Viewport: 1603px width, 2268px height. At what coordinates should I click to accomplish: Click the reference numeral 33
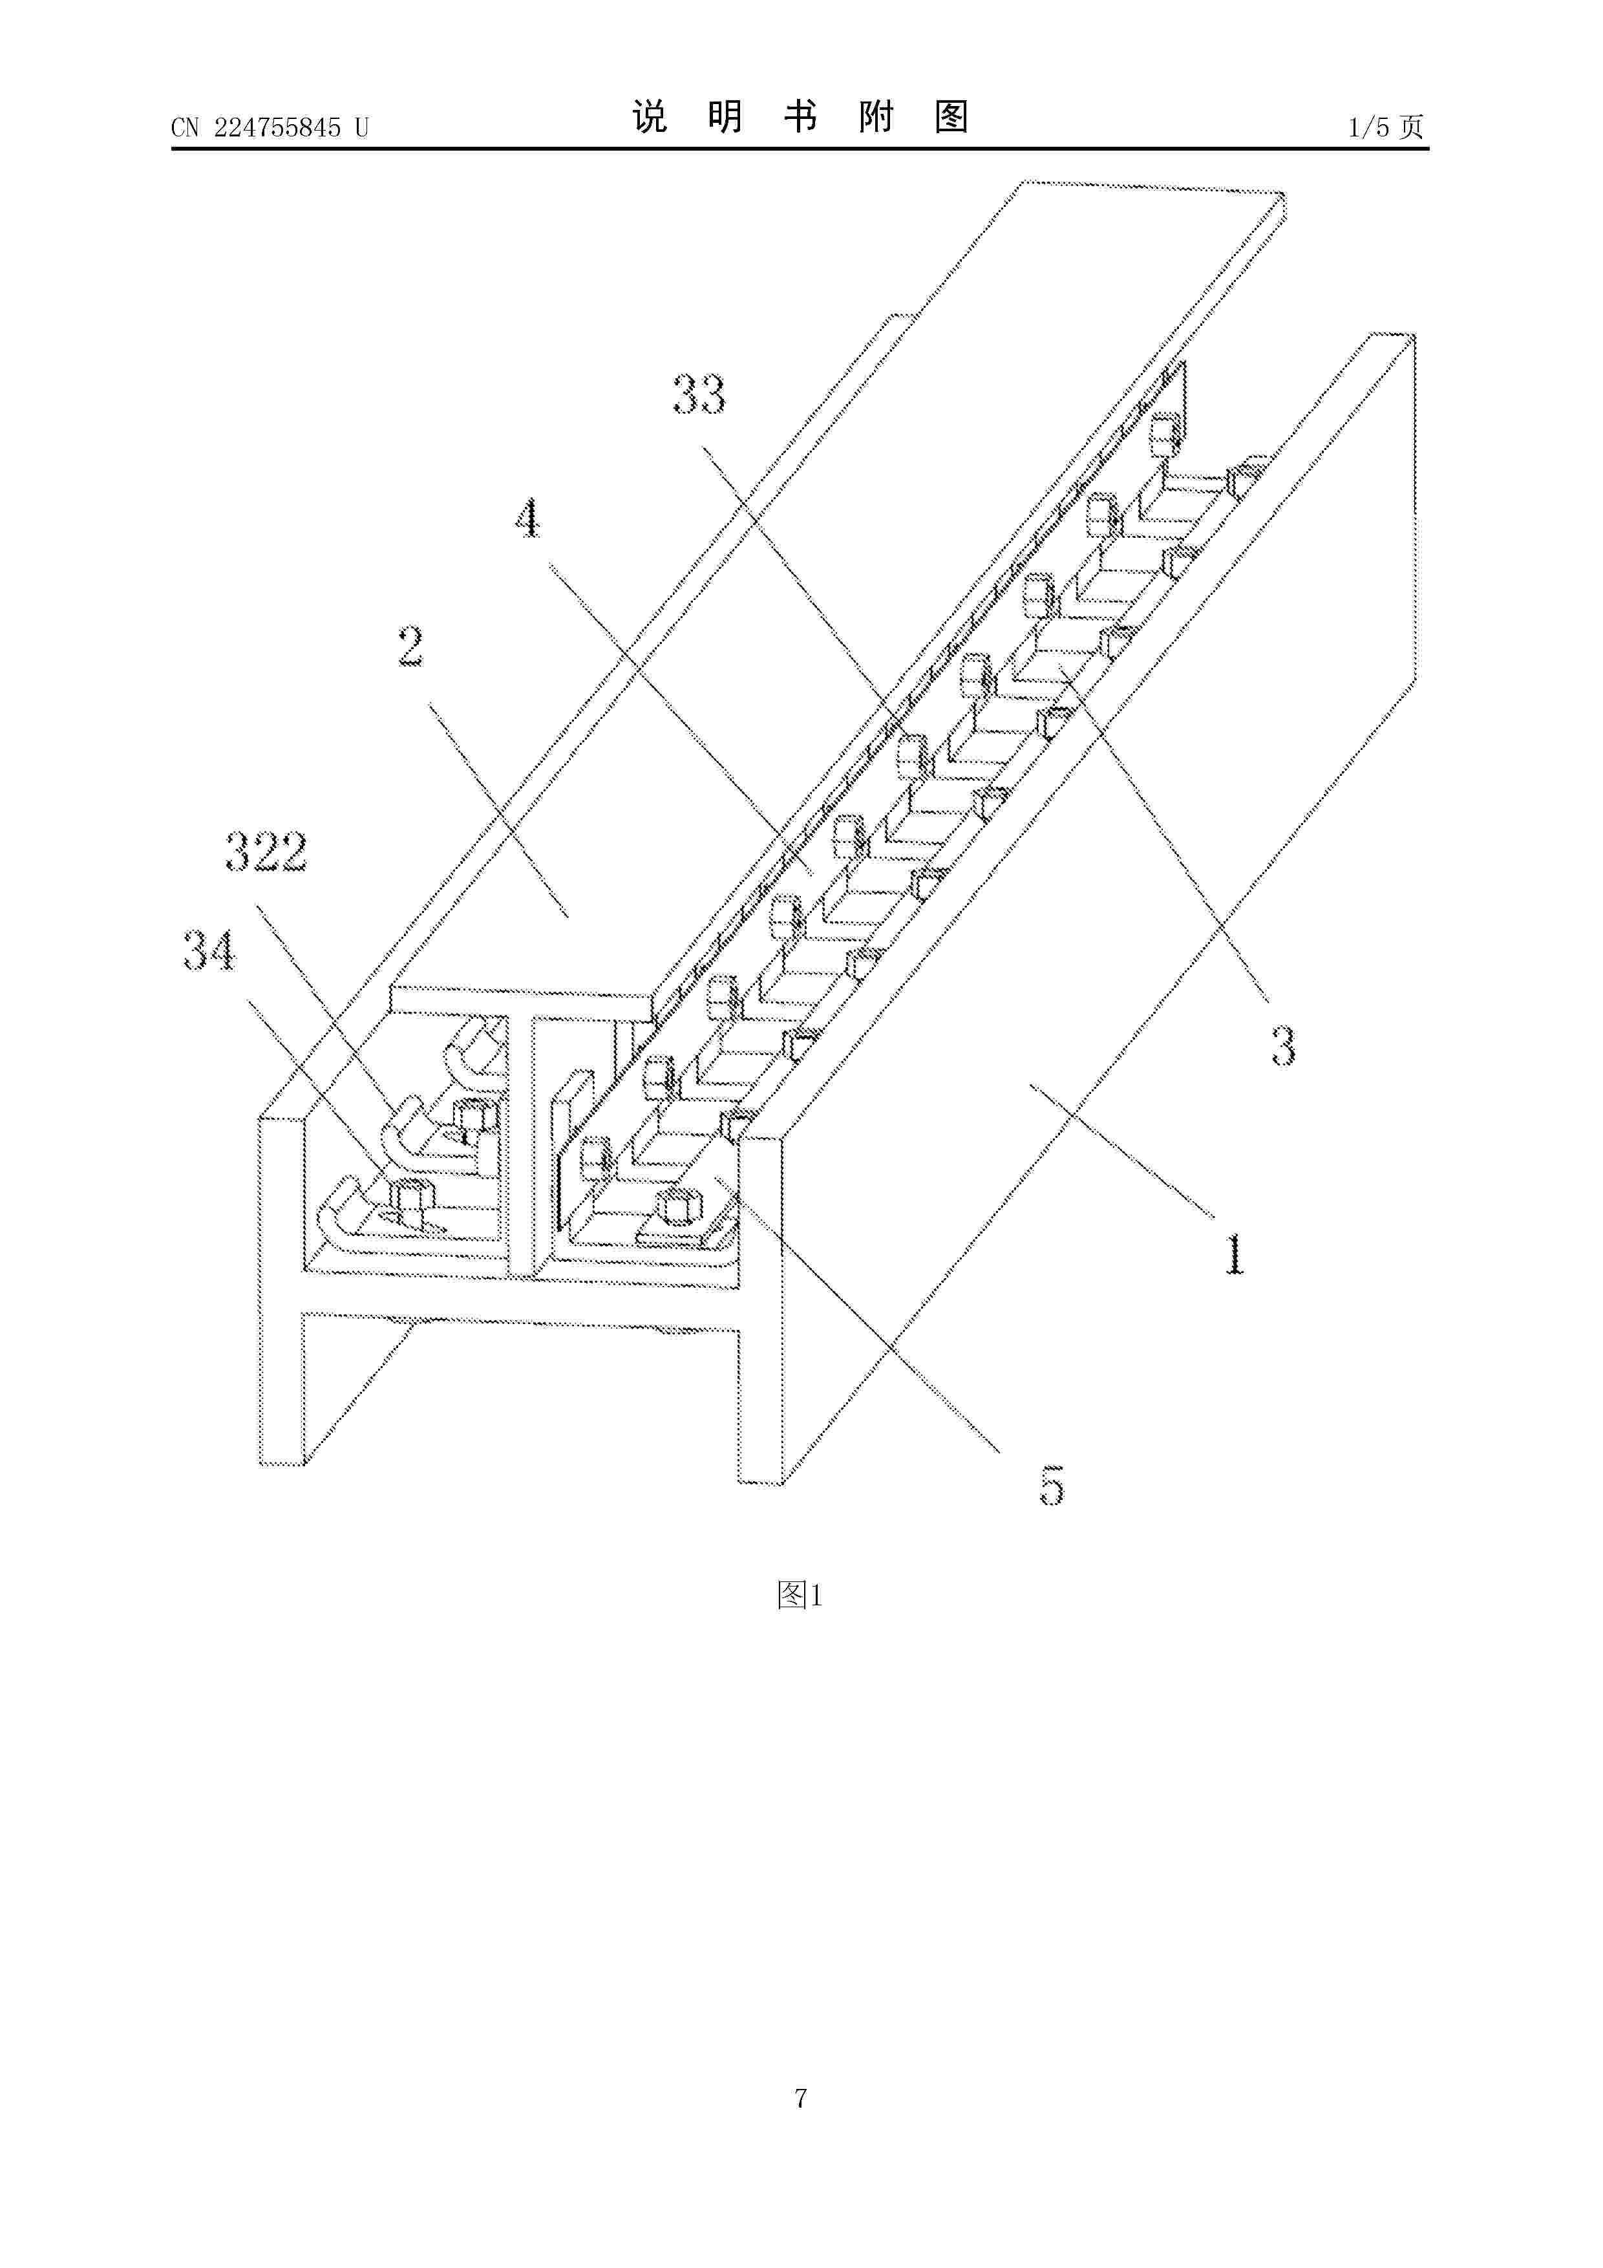click(699, 394)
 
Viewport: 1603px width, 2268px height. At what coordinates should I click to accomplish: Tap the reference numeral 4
click(528, 519)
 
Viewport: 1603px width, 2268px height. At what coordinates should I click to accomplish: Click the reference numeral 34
click(209, 951)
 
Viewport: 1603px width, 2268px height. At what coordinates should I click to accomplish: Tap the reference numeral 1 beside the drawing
click(1235, 1254)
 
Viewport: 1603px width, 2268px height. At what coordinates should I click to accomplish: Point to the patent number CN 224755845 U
click(270, 127)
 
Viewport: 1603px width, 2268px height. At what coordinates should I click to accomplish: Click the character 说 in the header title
click(650, 118)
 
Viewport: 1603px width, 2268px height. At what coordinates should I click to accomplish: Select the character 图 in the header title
click(950, 118)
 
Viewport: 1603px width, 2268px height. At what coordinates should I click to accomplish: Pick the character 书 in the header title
click(800, 118)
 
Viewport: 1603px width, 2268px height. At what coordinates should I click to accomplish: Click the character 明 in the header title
click(725, 118)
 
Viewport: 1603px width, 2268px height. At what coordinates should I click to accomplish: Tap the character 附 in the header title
click(875, 118)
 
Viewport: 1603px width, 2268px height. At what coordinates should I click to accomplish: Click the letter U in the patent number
click(361, 127)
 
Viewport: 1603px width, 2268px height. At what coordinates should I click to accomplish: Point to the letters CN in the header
click(186, 127)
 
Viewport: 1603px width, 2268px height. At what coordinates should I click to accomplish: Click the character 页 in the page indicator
click(1412, 127)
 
